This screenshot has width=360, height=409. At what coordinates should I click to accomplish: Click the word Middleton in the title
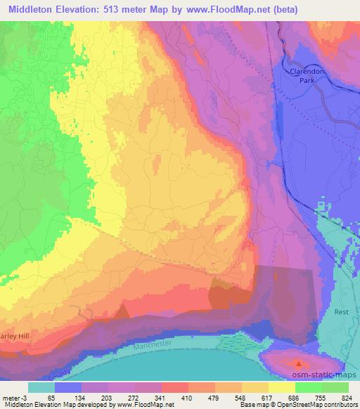[x=34, y=10]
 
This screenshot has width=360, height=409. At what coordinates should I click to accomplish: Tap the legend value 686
[x=281, y=397]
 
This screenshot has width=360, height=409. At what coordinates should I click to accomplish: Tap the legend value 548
[x=227, y=397]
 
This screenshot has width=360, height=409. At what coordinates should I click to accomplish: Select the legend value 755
[x=308, y=397]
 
